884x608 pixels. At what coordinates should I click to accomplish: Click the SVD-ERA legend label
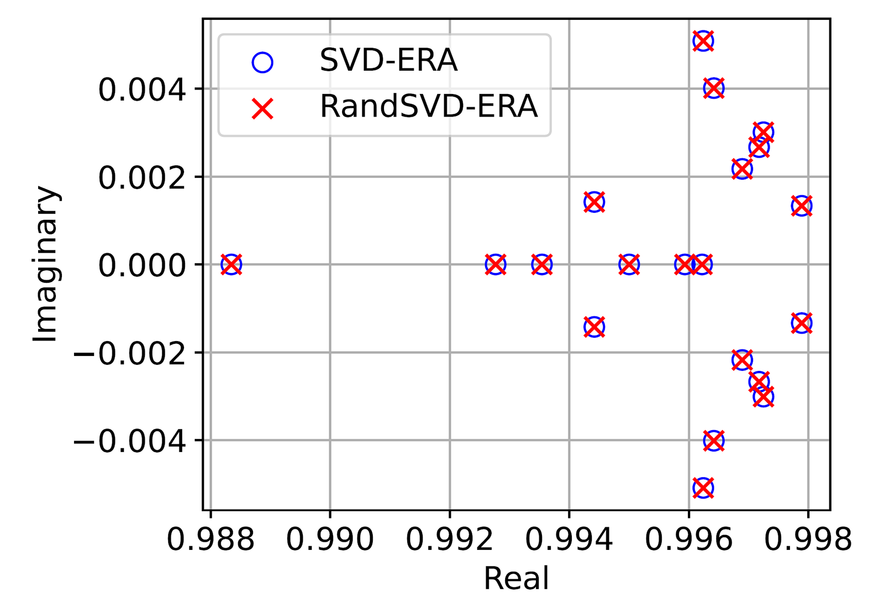[388, 60]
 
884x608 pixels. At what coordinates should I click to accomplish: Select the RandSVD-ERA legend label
[428, 106]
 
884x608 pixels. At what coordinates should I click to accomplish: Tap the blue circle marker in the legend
[262, 62]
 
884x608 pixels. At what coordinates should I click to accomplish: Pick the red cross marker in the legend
[262, 108]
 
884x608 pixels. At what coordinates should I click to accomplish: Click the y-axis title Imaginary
[45, 264]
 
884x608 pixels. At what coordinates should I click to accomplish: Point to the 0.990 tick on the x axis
[330, 539]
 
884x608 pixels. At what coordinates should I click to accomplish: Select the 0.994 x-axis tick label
[569, 539]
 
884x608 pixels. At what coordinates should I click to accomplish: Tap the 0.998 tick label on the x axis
[808, 539]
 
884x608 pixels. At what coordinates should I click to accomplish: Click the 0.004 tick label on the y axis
[142, 89]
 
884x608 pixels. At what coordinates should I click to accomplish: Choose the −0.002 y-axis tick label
[130, 353]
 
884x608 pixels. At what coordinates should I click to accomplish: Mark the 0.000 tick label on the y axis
[142, 265]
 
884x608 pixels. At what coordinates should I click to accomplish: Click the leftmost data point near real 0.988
[231, 264]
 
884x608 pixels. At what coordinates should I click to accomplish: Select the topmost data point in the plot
[703, 41]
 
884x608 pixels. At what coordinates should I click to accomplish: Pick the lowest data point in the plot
[703, 488]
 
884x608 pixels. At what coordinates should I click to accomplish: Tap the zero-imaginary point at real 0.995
[629, 264]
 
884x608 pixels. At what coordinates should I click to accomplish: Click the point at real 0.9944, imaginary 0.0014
[594, 202]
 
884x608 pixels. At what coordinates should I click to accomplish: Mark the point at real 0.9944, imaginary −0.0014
[594, 327]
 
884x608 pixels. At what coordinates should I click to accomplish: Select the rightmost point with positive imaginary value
[802, 206]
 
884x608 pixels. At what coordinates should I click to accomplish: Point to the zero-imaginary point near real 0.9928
[496, 264]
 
